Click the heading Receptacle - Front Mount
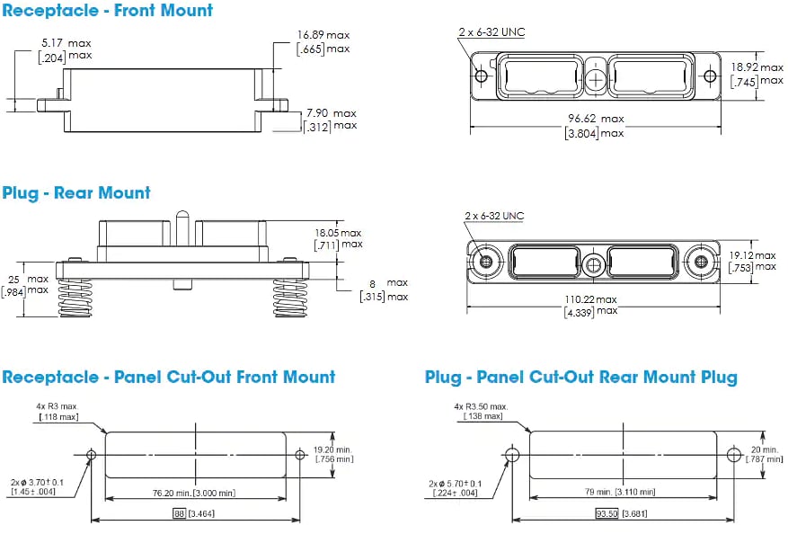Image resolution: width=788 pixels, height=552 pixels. (x=108, y=11)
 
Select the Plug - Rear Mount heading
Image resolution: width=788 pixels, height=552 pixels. (x=76, y=192)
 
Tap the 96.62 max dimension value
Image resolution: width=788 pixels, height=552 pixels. (x=594, y=119)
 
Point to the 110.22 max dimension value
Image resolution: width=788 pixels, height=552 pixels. (x=591, y=299)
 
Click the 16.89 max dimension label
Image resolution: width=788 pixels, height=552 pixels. (x=323, y=35)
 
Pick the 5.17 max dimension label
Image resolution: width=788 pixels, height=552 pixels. (x=66, y=43)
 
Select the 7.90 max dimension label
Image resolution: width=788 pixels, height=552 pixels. (x=331, y=113)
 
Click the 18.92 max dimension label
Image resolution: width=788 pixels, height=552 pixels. (x=757, y=67)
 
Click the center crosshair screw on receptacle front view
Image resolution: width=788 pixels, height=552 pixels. (x=595, y=79)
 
